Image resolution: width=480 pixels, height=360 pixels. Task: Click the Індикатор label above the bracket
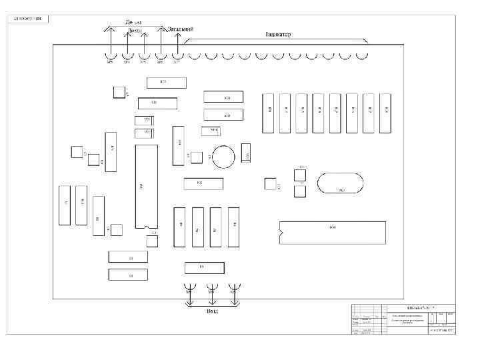(x=277, y=34)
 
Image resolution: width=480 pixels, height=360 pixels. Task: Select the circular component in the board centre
(x=223, y=156)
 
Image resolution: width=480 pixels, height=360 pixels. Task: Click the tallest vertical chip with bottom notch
(x=146, y=186)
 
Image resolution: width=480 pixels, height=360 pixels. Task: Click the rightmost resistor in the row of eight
(x=385, y=112)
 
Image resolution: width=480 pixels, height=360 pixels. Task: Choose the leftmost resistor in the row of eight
(x=269, y=112)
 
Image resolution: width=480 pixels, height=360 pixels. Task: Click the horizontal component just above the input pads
(x=203, y=267)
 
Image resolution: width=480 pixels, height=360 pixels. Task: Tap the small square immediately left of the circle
(x=197, y=157)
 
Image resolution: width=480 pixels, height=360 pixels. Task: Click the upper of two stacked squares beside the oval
(x=299, y=174)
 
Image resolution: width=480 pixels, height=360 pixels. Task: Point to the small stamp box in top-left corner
(x=28, y=18)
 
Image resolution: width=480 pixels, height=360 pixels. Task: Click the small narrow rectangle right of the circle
(x=246, y=151)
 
